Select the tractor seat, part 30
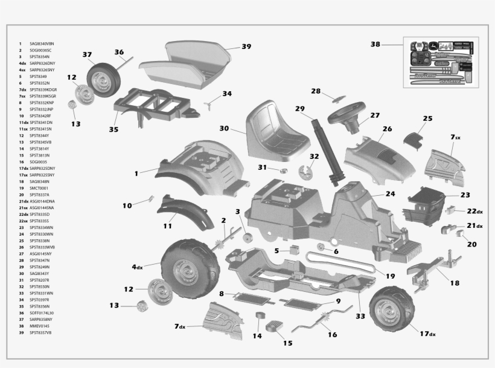(278, 129)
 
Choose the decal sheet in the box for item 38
(438, 63)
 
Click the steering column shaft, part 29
(327, 147)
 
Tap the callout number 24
(391, 194)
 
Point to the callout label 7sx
(455, 138)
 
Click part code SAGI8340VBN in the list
(46, 44)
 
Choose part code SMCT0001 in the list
(39, 188)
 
